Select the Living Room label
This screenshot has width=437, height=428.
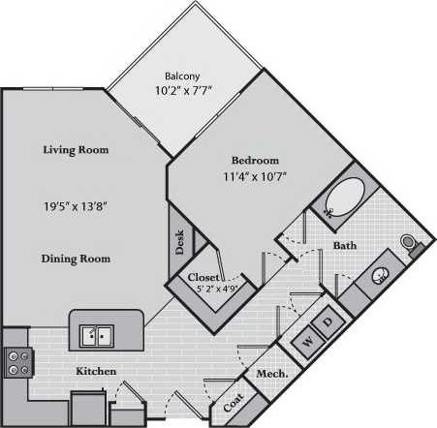75,150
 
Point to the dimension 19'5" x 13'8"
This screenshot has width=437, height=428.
76,205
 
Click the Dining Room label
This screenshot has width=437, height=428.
76,259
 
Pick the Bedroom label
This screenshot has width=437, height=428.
255,160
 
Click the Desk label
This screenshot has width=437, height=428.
180,242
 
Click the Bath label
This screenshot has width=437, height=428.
345,246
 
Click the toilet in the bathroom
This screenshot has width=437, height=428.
411,241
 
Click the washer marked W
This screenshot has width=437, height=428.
306,340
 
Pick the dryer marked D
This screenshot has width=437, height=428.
328,321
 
